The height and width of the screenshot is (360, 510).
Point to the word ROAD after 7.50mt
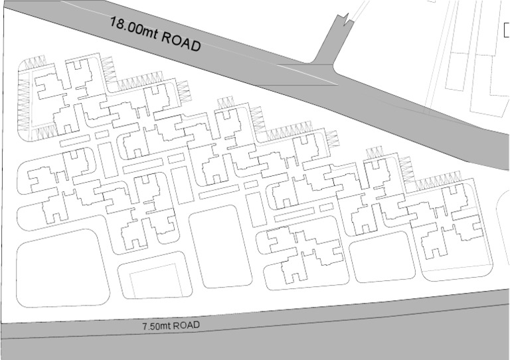click(x=185, y=325)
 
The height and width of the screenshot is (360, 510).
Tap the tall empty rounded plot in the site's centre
click(x=220, y=246)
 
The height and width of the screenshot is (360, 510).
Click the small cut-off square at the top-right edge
click(x=506, y=31)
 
